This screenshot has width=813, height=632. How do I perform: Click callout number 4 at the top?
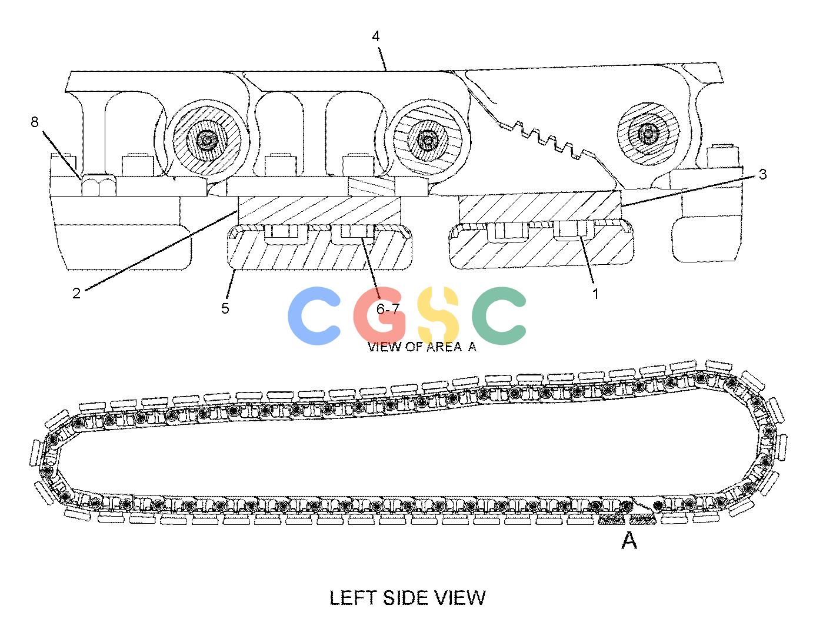coord(375,36)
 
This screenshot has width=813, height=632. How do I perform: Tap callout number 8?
coord(35,122)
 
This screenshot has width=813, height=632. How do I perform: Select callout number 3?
coord(762,174)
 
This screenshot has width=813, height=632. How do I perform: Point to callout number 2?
coord(76,293)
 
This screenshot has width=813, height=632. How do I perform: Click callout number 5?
coord(225,308)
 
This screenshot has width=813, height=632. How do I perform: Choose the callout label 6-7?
coord(388,309)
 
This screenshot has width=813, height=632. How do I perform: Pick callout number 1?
coord(595,294)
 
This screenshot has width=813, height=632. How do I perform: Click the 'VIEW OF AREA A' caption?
coord(422,347)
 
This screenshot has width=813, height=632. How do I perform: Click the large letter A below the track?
coord(629,540)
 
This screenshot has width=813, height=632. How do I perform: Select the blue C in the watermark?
coord(314,315)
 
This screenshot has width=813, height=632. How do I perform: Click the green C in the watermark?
coord(499,315)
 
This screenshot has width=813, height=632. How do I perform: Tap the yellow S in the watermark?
coord(438,315)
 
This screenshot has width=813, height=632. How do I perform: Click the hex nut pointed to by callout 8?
coord(99,185)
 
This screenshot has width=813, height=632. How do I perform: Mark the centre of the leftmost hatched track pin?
coord(207,141)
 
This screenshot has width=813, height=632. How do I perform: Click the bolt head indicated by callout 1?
coord(573,229)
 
